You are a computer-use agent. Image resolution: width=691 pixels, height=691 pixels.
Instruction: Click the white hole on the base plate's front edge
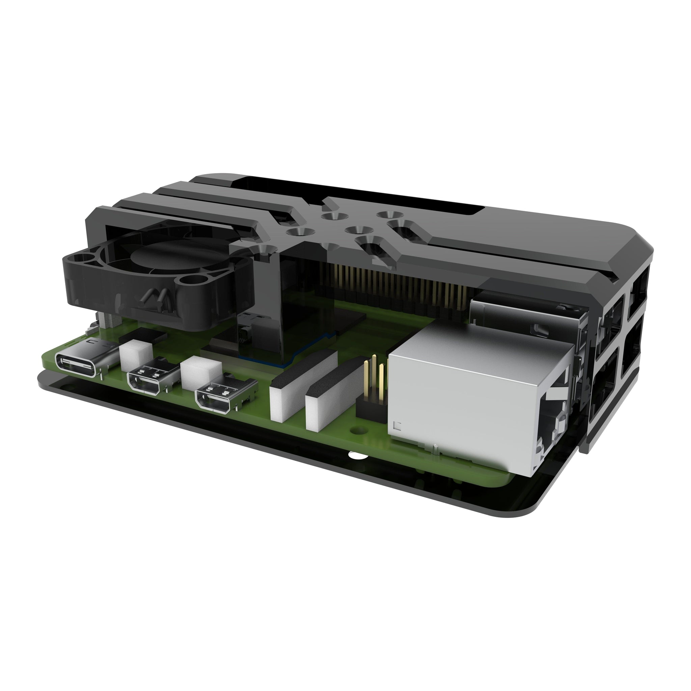pyautogui.click(x=356, y=457)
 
